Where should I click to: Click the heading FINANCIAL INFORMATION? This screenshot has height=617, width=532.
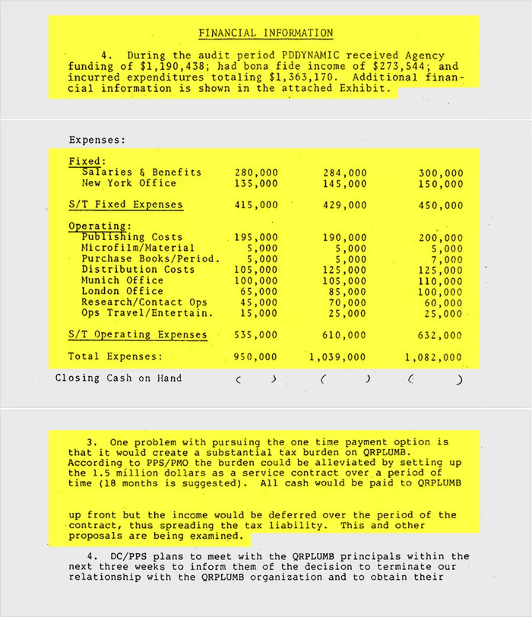point(265,33)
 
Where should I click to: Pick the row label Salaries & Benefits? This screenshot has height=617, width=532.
point(141,172)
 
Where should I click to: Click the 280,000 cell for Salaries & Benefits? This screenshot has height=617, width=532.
point(256,172)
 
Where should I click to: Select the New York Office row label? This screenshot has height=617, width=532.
point(128,183)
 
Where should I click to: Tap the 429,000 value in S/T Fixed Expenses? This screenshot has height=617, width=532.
point(345,205)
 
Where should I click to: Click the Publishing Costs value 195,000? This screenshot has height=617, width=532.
point(256,238)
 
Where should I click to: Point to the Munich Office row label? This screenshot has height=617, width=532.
point(122,280)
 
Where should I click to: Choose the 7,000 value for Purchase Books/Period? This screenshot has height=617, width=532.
point(447,259)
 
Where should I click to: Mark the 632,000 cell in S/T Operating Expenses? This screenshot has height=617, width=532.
point(440,335)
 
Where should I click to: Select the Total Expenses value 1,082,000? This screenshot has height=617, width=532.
point(433,356)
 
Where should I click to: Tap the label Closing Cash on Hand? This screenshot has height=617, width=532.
point(119,378)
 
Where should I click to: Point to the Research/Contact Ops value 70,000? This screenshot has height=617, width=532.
point(348,302)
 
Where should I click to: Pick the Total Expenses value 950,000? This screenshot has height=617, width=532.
point(256,356)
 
